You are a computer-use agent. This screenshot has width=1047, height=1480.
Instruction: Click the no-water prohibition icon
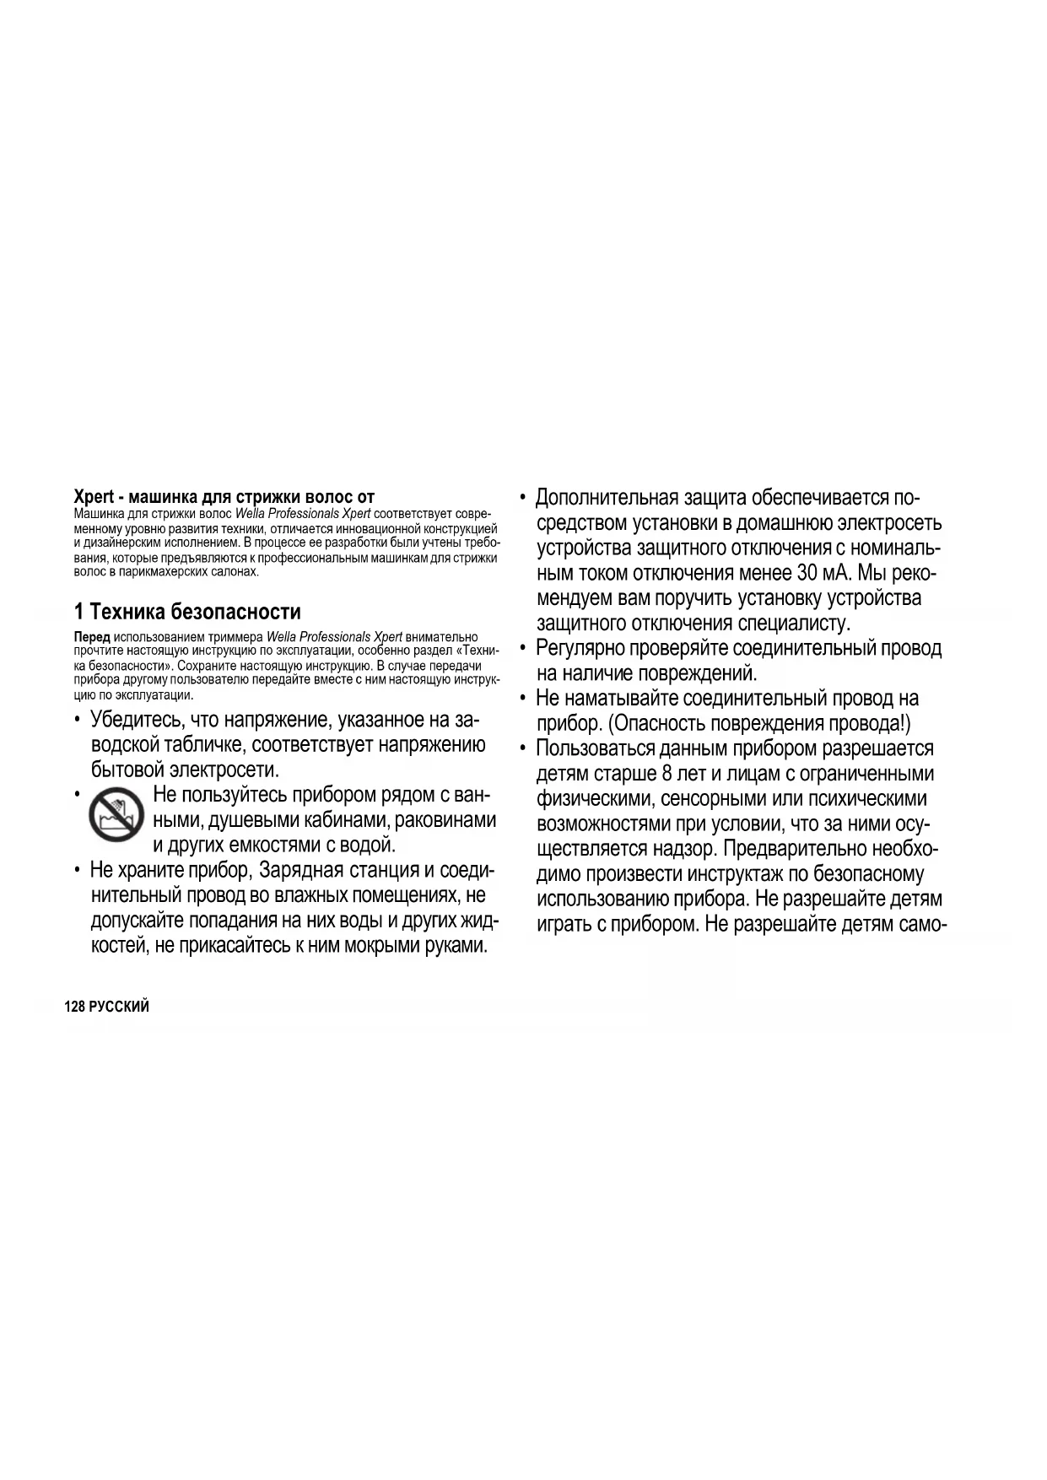pyautogui.click(x=116, y=815)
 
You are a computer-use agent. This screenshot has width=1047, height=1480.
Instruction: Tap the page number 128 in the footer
pyautogui.click(x=74, y=1007)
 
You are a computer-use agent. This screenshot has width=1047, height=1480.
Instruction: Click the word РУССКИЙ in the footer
pyautogui.click(x=119, y=1007)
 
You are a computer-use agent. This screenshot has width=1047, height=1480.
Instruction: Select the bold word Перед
pyautogui.click(x=92, y=637)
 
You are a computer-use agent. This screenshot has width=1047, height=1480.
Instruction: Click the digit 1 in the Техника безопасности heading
pyautogui.click(x=78, y=611)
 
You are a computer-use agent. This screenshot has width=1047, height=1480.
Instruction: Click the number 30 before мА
pyautogui.click(x=807, y=574)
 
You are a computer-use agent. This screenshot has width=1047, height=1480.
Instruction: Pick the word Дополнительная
pyautogui.click(x=607, y=498)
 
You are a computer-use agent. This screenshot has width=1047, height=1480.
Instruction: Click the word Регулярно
pyautogui.click(x=580, y=648)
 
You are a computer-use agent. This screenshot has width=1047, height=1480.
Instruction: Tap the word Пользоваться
pyautogui.click(x=595, y=748)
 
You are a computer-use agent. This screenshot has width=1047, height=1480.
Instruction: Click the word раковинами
pyautogui.click(x=445, y=820)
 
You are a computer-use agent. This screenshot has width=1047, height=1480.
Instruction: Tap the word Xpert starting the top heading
pyautogui.click(x=94, y=497)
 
